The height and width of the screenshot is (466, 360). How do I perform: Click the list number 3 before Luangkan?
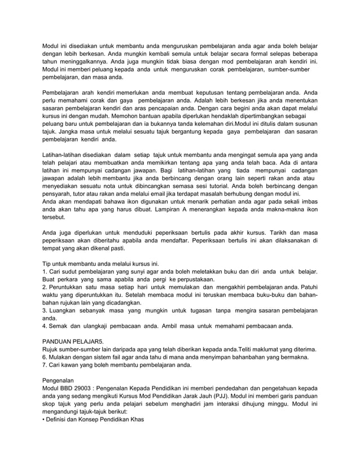pos(45,311)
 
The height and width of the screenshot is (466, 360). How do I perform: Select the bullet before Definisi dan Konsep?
pos(45,427)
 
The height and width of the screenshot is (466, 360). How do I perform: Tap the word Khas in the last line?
pos(137,427)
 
